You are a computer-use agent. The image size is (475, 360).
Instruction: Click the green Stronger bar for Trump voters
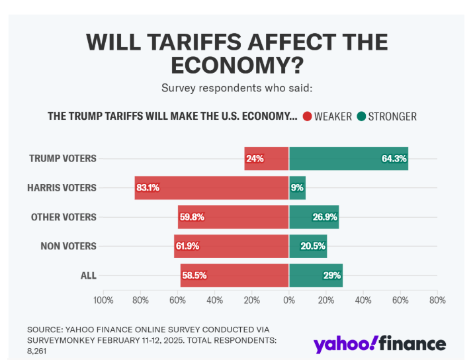(349, 158)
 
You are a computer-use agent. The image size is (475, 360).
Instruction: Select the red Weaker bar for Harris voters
(212, 187)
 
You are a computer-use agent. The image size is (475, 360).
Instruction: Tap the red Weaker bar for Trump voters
(267, 158)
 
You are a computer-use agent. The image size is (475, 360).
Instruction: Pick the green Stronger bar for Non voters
(308, 246)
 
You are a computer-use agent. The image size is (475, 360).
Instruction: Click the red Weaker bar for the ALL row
(235, 275)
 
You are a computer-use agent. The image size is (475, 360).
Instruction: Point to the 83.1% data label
(148, 187)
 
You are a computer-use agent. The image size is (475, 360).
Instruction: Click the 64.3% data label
(394, 158)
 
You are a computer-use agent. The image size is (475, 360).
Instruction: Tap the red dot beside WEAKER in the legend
(308, 116)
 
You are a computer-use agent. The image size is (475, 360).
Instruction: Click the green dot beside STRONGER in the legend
(361, 116)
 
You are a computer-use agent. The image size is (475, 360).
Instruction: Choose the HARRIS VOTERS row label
(62, 187)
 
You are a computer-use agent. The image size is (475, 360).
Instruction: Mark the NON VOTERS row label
(69, 246)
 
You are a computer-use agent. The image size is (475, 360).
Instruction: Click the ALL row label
(88, 275)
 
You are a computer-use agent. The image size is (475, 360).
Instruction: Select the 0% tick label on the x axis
(289, 300)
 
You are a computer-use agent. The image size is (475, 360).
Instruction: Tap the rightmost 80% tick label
(437, 300)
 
